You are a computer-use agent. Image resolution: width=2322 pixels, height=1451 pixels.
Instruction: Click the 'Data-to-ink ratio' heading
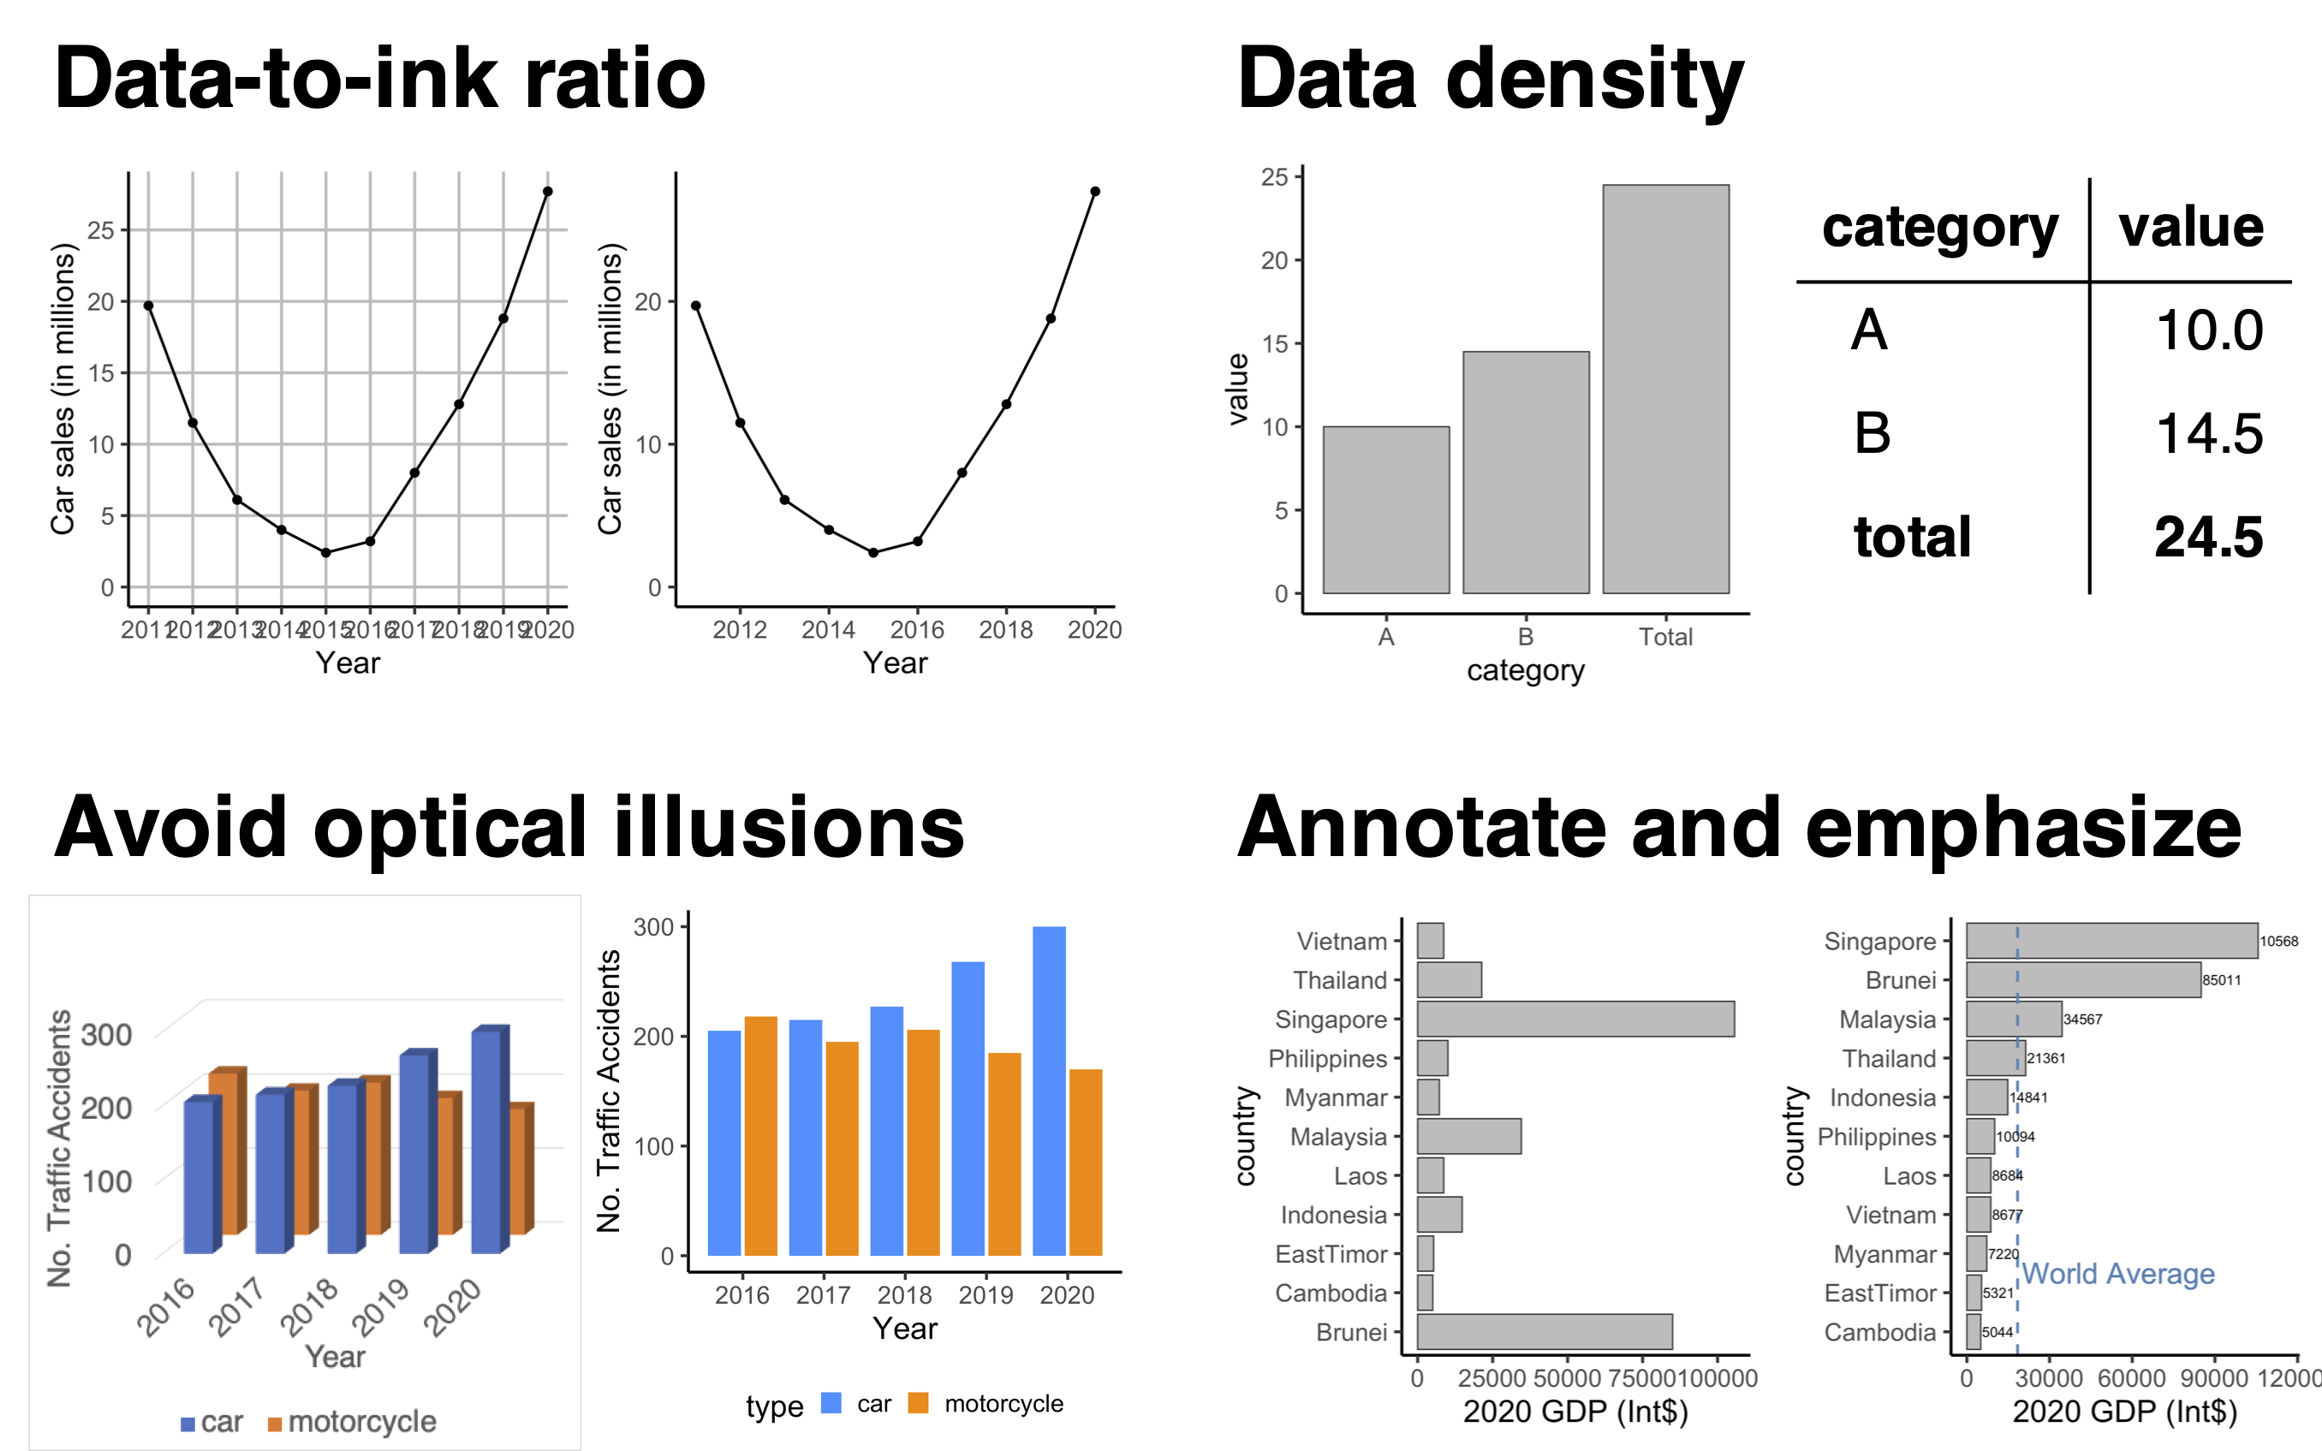(380, 79)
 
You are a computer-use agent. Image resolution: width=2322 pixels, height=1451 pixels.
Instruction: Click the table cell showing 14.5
(2209, 434)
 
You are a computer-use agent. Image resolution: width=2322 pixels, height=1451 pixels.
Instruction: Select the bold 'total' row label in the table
(1911, 537)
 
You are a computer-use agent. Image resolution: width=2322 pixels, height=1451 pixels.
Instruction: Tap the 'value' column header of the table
(2190, 228)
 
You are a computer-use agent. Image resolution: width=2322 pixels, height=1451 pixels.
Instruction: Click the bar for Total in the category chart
(1665, 389)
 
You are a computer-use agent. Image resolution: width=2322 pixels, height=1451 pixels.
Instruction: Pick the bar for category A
(1385, 509)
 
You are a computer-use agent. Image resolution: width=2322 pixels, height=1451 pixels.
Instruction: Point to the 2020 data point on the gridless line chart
(1095, 191)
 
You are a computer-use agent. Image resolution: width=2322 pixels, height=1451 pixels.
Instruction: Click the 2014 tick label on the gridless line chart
(828, 629)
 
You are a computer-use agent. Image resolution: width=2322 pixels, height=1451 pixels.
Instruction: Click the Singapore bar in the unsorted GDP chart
(1575, 1020)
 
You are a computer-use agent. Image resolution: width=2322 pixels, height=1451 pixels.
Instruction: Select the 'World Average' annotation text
(2117, 1274)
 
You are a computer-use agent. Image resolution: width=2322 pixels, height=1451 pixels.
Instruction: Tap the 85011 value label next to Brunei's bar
(2221, 980)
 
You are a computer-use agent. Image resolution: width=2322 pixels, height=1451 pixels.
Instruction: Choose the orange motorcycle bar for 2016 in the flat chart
(761, 1135)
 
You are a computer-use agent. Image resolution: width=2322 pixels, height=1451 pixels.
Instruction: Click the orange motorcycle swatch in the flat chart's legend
(918, 1403)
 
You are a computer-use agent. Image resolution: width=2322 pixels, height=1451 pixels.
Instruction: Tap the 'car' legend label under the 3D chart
(222, 1421)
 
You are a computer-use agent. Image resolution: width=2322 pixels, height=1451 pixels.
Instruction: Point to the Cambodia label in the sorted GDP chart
(1878, 1332)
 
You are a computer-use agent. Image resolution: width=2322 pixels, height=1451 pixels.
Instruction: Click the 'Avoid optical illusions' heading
(509, 827)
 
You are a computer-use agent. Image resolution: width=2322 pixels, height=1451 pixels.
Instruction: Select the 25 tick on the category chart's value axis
(1273, 176)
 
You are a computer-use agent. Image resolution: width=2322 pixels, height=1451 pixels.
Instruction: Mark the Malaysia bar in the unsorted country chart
(1468, 1136)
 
